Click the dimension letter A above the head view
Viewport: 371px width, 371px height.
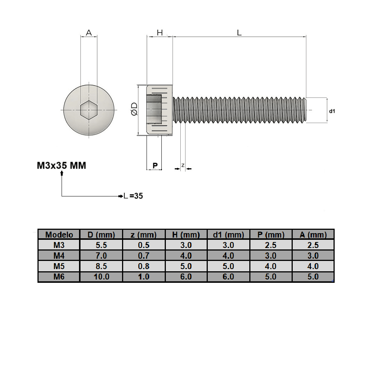89,33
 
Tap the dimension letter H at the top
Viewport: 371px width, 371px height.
160,33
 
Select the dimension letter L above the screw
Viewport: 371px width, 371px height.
239,33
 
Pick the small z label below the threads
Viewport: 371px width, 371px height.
183,165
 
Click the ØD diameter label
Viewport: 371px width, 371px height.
134,110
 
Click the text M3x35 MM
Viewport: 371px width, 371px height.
62,165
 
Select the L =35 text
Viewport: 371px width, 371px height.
134,196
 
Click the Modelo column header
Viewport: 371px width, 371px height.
59,235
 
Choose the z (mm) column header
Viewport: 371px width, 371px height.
144,235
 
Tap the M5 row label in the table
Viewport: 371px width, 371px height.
59,266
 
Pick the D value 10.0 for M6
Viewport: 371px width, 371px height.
101,276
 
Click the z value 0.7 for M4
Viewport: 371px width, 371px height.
144,256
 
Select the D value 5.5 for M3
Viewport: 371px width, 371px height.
101,245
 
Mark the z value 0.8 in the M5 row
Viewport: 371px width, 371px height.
144,266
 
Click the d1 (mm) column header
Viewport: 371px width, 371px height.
229,235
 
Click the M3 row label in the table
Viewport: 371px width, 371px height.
59,245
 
